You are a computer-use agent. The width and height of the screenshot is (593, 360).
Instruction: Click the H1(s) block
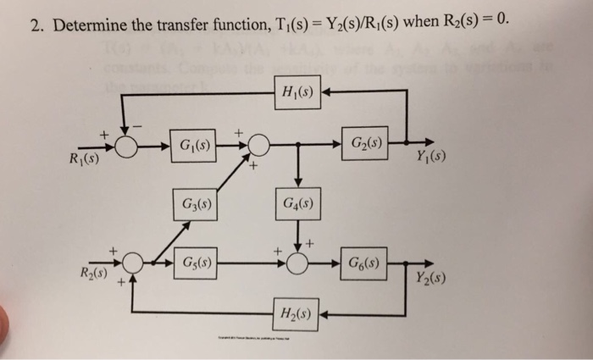296,92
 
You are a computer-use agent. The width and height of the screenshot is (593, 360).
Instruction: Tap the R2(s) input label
92,274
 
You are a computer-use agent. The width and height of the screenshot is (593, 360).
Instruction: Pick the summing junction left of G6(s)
297,263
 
